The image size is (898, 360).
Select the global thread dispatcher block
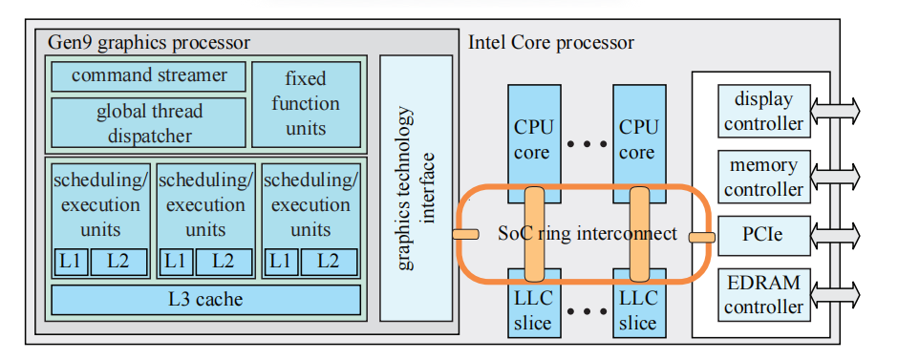pyautogui.click(x=148, y=123)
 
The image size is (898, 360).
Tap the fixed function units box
pyautogui.click(x=306, y=103)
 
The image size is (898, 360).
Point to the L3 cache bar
pyautogui.click(x=205, y=300)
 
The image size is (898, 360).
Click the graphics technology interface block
pyautogui.click(x=416, y=188)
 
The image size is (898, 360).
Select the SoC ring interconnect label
pyautogui.click(x=587, y=233)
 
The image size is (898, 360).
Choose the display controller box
pyautogui.click(x=763, y=111)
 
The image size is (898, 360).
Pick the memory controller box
pyautogui.click(x=763, y=178)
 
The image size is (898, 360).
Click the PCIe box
pyautogui.click(x=763, y=234)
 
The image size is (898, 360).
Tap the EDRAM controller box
pyautogui.click(x=763, y=295)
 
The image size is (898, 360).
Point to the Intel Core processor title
pyautogui.click(x=551, y=43)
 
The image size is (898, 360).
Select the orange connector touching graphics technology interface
pyautogui.click(x=465, y=234)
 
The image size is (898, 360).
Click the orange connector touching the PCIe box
pyautogui.click(x=702, y=236)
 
